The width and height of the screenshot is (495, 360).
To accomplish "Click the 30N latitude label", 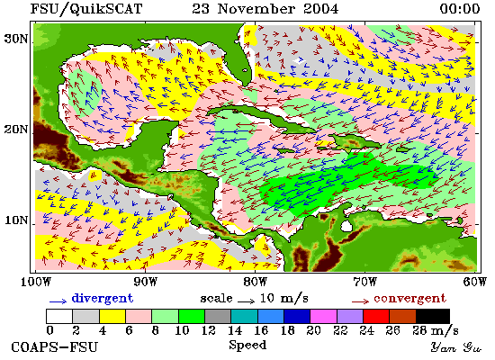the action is coord(15,40).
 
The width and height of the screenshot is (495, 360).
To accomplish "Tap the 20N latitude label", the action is coord(15,130).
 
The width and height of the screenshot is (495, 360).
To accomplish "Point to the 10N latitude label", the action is coord(16,220).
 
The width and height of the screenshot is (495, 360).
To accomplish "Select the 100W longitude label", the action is coord(36,282).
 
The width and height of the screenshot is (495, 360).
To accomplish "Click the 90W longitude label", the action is coord(145,282).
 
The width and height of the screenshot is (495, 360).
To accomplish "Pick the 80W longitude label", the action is coord(255,282).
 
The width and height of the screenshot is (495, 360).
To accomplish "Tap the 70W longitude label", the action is coord(364,282).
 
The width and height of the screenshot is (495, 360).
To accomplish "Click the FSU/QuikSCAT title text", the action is coord(86,9).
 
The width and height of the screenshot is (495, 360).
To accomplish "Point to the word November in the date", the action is coord(256,9).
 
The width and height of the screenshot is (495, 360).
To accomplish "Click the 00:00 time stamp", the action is coord(460,9).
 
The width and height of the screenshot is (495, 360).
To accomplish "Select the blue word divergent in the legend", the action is coord(103,298).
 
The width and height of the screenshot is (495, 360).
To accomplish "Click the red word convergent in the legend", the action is coord(410,298).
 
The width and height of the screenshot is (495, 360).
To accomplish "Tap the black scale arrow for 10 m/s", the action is coord(246,301).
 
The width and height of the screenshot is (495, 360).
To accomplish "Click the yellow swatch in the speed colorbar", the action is coord(112,317).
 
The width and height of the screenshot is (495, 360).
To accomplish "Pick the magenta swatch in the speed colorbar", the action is coord(323,317).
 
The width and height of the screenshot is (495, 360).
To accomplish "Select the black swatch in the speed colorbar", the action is coord(433,317).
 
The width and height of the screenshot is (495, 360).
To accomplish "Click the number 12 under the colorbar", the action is coord(208,330).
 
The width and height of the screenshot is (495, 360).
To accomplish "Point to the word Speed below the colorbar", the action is coord(247,345).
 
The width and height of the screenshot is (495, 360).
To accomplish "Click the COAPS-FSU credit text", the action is coord(54,347).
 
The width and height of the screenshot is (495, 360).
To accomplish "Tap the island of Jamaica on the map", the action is coord(283,149).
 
